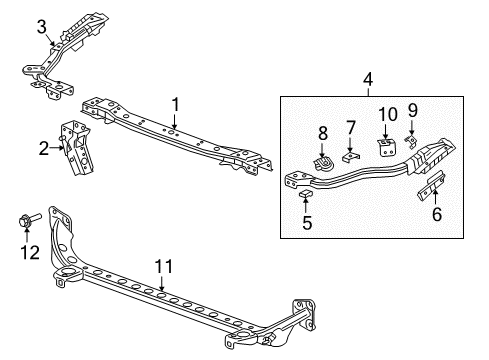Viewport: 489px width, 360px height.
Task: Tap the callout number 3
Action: click(41, 25)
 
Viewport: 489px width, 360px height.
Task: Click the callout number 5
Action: click(307, 224)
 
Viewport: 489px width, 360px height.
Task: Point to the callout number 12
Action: click(30, 253)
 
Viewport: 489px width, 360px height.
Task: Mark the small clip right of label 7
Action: click(348, 153)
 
